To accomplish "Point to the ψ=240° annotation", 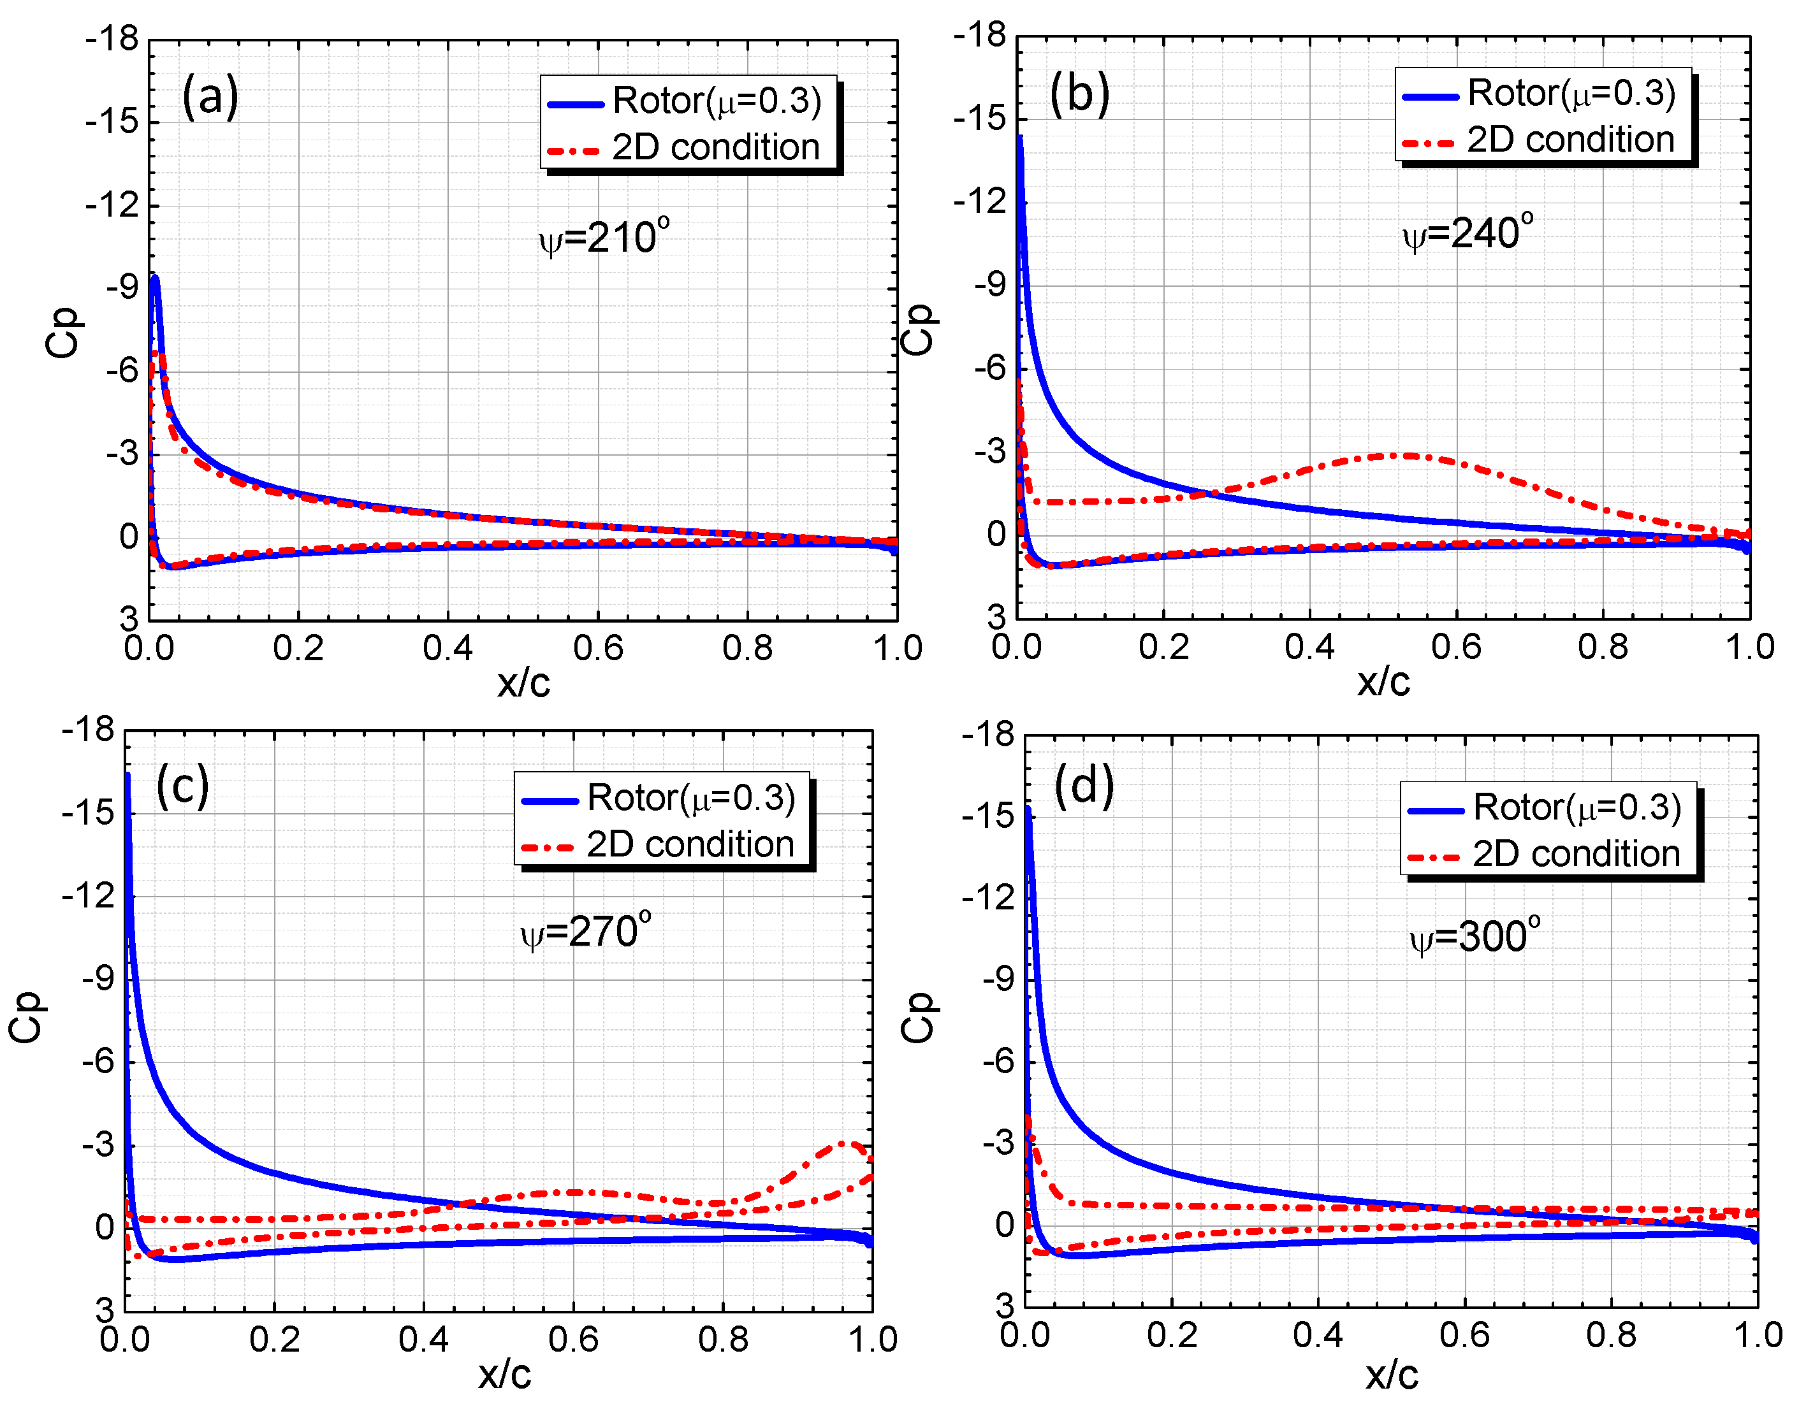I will point(1468,233).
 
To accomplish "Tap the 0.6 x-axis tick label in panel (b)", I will point(1455,647).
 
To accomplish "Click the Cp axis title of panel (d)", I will point(916,1017).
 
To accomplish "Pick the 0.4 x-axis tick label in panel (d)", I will point(1317,1334).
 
